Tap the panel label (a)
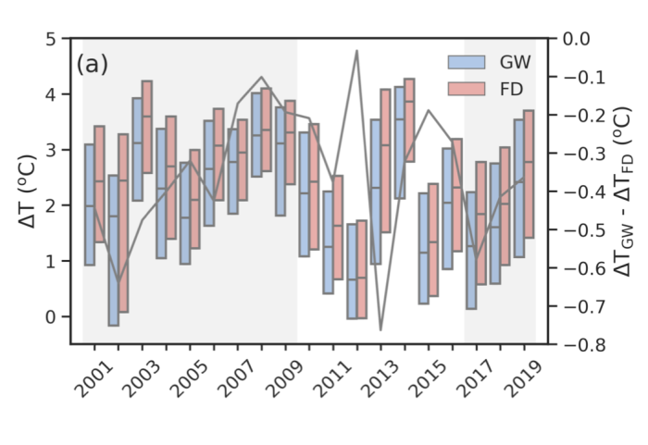(93, 65)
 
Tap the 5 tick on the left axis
(52, 39)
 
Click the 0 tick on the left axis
(52, 316)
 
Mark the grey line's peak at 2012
(356, 51)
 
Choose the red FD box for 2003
(146, 126)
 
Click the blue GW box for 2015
(422, 247)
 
